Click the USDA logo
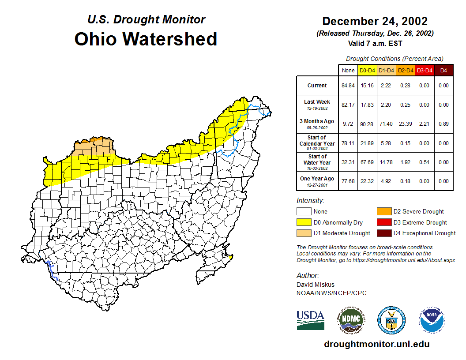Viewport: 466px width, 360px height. tap(310, 320)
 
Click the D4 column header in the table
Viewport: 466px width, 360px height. tap(443, 70)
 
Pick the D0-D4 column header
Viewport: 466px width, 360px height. tap(367, 70)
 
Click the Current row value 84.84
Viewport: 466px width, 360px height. tap(348, 86)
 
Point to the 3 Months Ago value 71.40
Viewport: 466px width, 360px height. tap(387, 124)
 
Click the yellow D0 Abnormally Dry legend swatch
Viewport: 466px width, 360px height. tap(304, 222)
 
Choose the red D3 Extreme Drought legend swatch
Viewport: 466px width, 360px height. tap(383, 222)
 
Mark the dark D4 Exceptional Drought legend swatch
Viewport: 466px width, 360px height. tap(383, 233)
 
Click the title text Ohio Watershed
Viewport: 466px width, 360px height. tap(146, 39)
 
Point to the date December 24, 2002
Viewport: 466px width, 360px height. tap(375, 21)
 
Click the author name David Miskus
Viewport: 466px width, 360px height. tap(315, 285)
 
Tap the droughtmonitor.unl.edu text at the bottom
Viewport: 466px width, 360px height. tap(376, 344)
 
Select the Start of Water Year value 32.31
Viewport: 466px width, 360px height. tap(348, 162)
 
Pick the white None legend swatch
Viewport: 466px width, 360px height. tap(304, 212)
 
